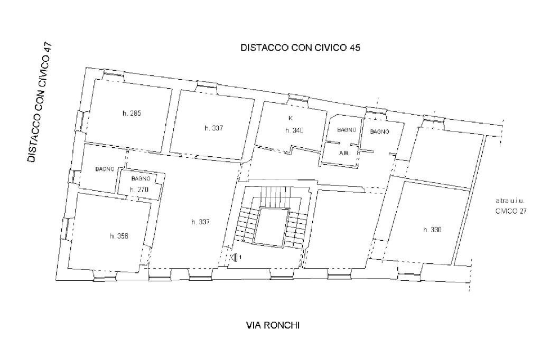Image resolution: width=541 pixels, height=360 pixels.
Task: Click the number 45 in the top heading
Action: point(355,48)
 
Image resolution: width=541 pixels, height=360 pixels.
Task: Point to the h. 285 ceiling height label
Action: point(131,113)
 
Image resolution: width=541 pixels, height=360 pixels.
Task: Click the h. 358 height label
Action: point(119,236)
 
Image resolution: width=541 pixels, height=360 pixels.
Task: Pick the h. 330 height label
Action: point(432,230)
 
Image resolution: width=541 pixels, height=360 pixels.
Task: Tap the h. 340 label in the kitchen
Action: point(294,130)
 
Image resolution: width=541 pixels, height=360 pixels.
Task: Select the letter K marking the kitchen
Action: point(290,118)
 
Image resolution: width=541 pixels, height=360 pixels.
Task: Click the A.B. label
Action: point(343,153)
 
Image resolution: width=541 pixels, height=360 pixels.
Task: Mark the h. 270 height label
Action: point(140,190)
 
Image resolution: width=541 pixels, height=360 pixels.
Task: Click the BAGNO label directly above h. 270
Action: point(141,179)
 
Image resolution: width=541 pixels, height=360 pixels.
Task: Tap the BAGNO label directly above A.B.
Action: point(347,130)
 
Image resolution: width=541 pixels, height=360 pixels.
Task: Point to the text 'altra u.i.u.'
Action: point(509,201)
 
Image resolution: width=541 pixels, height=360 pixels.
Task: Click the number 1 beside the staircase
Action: point(241,257)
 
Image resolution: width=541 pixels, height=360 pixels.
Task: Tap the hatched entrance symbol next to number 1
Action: point(235,257)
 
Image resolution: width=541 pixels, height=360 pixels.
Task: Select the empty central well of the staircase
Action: point(270,226)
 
